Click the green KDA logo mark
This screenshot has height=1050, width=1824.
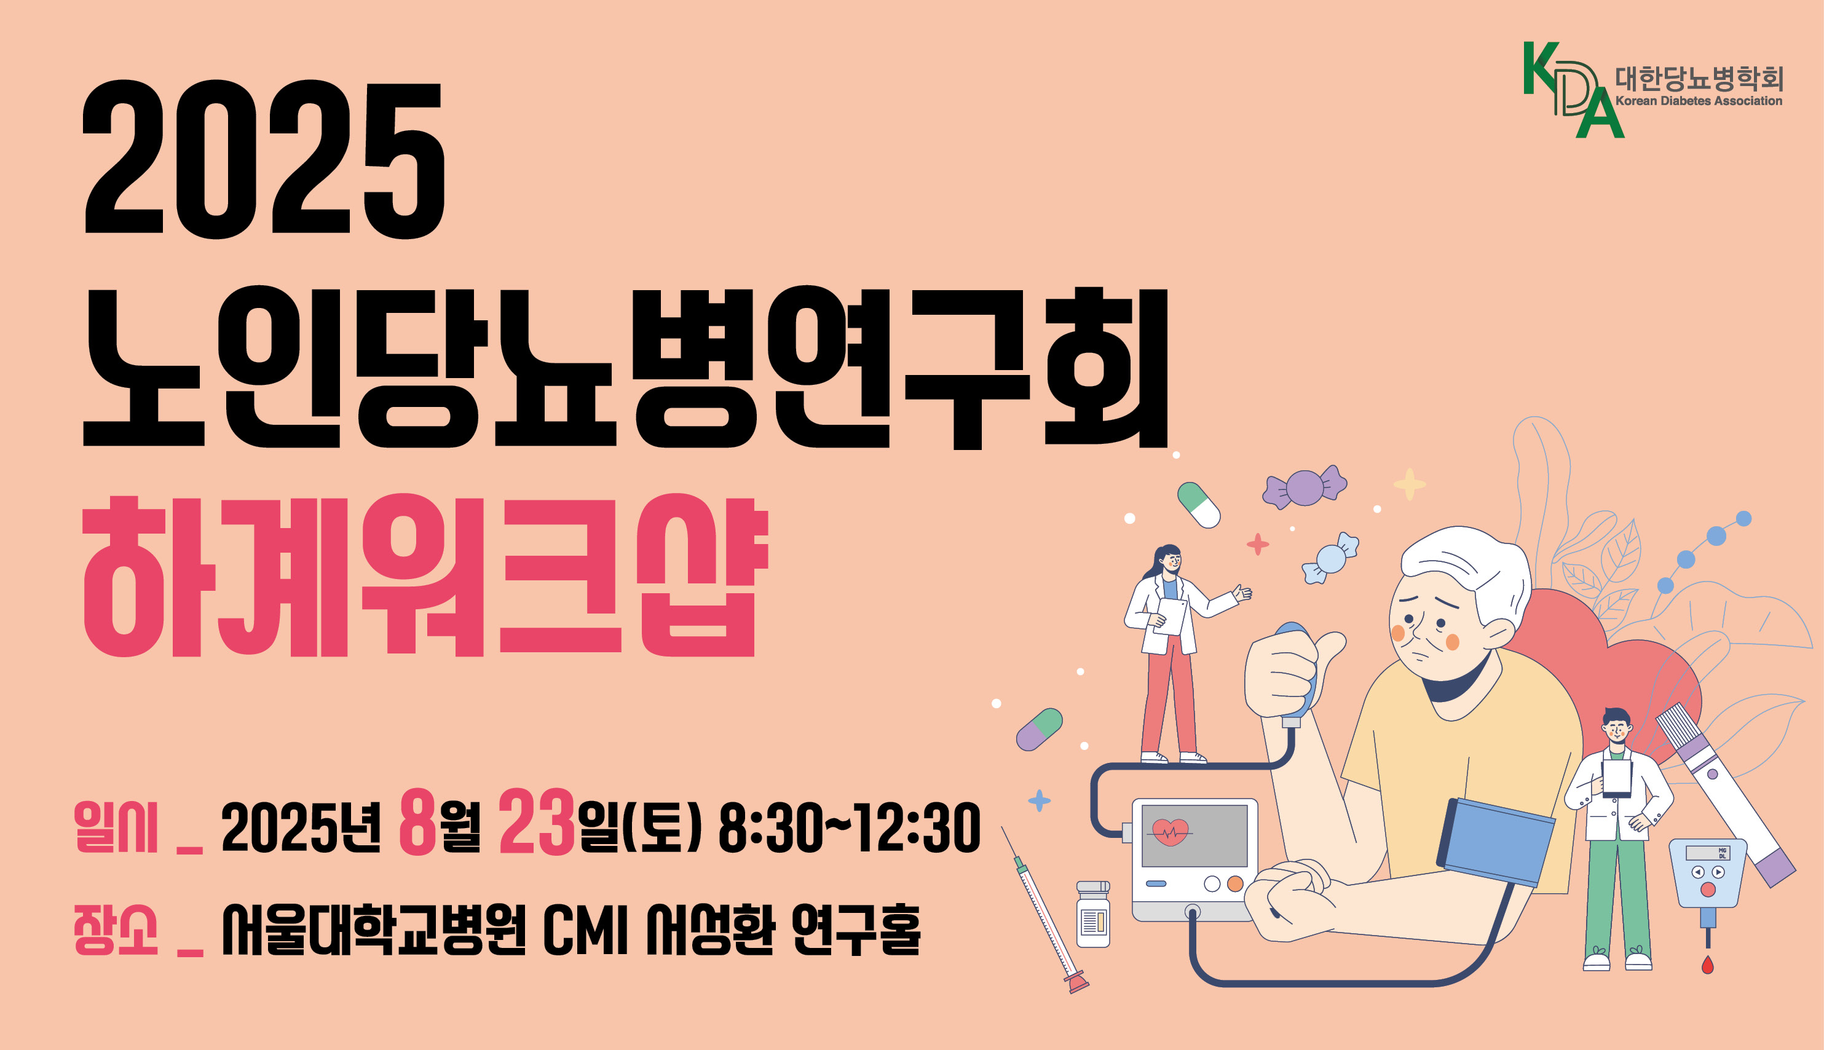click(1572, 89)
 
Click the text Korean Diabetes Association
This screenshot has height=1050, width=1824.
click(1699, 101)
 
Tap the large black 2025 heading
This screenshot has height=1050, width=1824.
click(263, 159)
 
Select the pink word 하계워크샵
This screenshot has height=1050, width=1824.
click(425, 575)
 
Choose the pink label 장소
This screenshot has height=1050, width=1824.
click(116, 930)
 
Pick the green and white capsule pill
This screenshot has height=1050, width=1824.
click(1198, 505)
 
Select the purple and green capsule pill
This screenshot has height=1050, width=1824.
click(1039, 729)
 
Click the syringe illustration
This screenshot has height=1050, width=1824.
click(1044, 910)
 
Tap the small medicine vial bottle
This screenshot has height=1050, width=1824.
click(1093, 914)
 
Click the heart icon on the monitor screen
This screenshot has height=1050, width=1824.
click(1170, 832)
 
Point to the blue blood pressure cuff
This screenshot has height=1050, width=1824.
click(1496, 842)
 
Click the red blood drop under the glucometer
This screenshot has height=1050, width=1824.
click(1707, 964)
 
